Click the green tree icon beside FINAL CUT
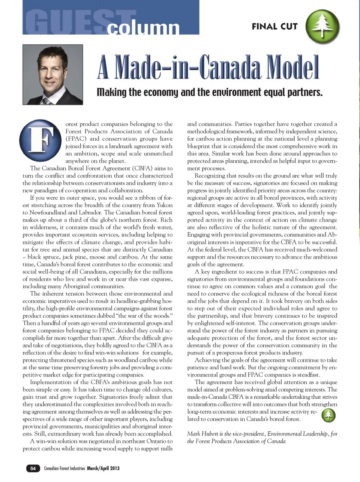(322, 26)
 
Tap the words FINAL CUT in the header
(274, 27)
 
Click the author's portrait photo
(53, 75)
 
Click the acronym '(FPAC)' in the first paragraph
(76, 139)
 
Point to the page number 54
(33, 468)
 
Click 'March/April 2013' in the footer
(103, 468)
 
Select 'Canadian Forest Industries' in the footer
(64, 468)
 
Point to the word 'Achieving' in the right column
(208, 360)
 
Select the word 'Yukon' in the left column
(164, 205)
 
